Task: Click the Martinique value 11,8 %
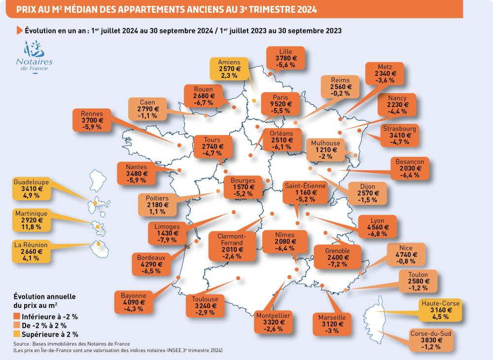[x=31, y=227]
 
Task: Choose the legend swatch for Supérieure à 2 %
[x=18, y=334]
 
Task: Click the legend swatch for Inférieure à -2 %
[x=18, y=316]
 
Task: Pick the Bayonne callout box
[x=133, y=302]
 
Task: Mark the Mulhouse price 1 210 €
[x=325, y=150]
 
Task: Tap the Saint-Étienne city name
[x=304, y=186]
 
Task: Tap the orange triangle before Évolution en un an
[x=19, y=31]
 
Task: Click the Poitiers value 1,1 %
[x=157, y=212]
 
